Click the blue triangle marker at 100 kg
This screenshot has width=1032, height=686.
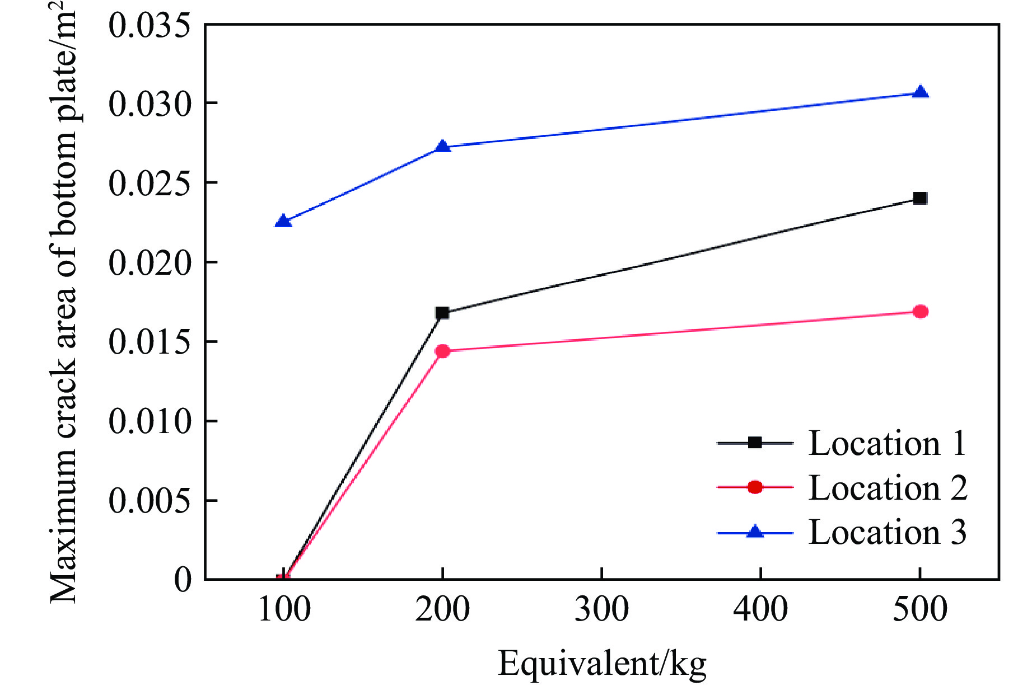pos(283,221)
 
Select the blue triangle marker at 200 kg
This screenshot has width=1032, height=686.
pos(442,147)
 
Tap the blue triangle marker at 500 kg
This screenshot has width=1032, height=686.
pos(920,92)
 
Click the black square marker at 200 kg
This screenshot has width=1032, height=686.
pos(442,313)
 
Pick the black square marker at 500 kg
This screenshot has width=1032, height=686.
pos(920,198)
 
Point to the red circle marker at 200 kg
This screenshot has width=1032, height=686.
pos(442,351)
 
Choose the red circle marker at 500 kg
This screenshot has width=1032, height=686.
pos(920,312)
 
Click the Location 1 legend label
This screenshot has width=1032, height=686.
pos(888,444)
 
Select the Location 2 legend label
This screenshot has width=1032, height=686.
pos(888,488)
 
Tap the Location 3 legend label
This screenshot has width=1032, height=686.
pos(888,532)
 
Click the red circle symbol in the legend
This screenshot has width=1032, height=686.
pos(755,487)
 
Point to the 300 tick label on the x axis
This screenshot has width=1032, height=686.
pos(601,609)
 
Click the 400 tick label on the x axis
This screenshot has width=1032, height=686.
pos(760,609)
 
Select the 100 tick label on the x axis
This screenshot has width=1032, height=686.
pos(284,609)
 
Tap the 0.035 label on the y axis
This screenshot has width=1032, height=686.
pos(150,26)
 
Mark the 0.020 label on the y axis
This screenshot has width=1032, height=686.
pos(150,263)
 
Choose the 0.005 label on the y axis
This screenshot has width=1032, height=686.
pos(150,501)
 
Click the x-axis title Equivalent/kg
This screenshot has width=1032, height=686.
pos(602,664)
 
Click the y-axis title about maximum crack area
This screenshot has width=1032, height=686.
pos(63,302)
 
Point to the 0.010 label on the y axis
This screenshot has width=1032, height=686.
pos(150,421)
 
